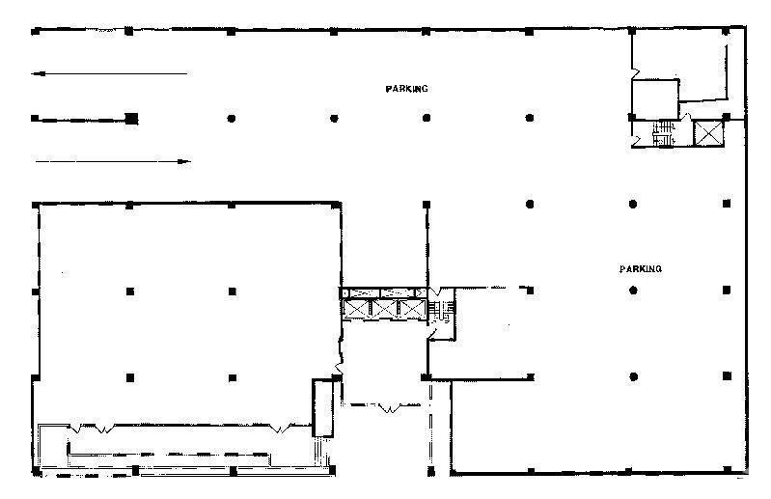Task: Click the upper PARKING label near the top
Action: click(x=406, y=89)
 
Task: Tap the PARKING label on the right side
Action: click(x=640, y=269)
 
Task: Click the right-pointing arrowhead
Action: click(x=184, y=161)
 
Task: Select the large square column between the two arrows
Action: click(x=131, y=119)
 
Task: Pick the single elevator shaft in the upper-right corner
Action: click(x=708, y=133)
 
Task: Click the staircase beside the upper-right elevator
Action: click(x=664, y=133)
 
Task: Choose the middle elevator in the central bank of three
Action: click(x=384, y=309)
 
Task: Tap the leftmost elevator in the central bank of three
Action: click(x=356, y=309)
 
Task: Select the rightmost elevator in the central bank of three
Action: click(x=412, y=309)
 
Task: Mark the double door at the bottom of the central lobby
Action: click(x=390, y=407)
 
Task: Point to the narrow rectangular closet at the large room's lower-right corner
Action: click(x=323, y=407)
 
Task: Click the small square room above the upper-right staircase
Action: click(x=655, y=97)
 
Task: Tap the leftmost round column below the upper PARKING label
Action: click(x=231, y=119)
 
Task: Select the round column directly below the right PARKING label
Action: click(x=633, y=291)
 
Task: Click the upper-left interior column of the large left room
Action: click(x=130, y=291)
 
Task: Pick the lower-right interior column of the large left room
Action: click(x=233, y=377)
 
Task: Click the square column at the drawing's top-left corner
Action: click(x=35, y=32)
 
